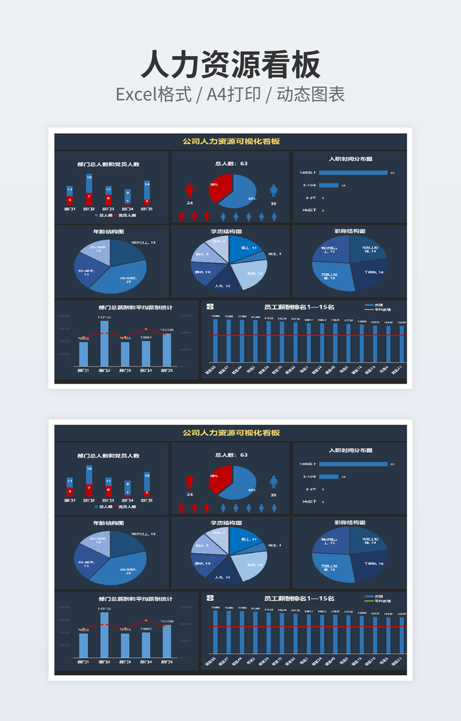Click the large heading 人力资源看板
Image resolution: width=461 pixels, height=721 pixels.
click(230, 65)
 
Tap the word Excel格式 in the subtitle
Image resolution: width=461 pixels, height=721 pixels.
click(153, 94)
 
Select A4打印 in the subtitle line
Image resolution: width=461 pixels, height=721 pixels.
click(234, 94)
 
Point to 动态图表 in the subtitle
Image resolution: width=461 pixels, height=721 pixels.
click(310, 94)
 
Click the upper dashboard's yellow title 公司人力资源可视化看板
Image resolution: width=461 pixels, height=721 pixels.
click(230, 141)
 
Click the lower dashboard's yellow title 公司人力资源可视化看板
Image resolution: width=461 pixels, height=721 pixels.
click(230, 433)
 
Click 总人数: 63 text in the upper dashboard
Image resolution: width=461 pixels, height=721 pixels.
click(231, 163)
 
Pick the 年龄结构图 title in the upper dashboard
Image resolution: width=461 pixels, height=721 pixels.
click(108, 231)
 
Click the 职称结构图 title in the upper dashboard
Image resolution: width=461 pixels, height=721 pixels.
click(350, 231)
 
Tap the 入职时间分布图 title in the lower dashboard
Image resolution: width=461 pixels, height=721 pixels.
click(350, 451)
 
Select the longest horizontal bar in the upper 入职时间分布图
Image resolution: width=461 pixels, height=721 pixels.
click(353, 173)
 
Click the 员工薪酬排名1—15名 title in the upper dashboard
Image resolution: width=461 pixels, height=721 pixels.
click(299, 307)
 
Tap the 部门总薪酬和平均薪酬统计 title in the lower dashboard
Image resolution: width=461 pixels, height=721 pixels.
click(135, 599)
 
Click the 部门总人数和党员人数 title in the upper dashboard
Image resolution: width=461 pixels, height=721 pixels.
click(108, 164)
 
